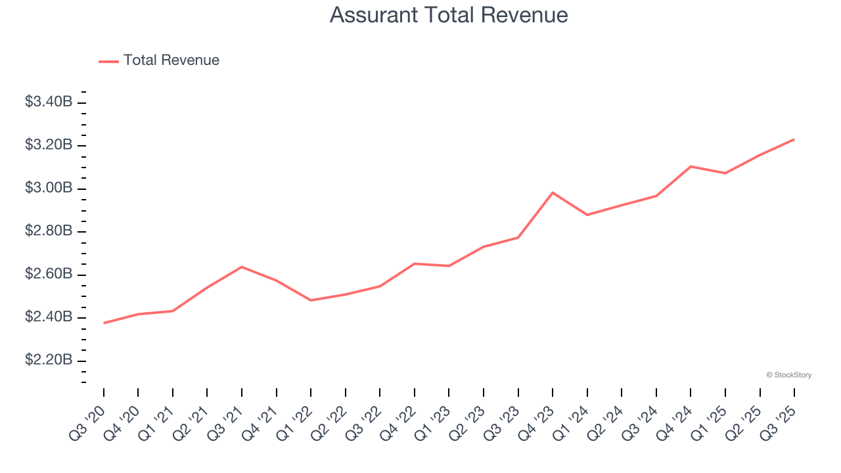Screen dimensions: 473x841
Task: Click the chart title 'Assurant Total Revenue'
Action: click(x=449, y=15)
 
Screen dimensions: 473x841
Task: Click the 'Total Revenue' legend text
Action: click(x=171, y=60)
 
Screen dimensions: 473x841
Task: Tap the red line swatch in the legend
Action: click(x=108, y=61)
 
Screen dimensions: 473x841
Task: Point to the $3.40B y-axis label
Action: click(x=49, y=102)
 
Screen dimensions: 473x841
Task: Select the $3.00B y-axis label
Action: click(x=49, y=188)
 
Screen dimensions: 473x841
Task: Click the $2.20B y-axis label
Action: click(x=49, y=360)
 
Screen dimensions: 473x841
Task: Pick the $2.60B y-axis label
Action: click(x=49, y=274)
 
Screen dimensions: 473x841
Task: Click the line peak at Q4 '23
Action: click(x=553, y=192)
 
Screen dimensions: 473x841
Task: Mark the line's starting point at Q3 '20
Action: click(x=104, y=323)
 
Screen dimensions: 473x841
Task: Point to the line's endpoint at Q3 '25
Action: click(x=794, y=139)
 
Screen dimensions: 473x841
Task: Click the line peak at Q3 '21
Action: click(x=242, y=267)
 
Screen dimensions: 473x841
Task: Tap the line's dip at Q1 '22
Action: click(x=311, y=300)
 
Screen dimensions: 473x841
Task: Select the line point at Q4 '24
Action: click(x=691, y=166)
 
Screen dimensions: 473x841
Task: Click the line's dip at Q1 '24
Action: click(x=587, y=215)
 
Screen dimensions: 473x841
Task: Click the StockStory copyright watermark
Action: click(x=788, y=375)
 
